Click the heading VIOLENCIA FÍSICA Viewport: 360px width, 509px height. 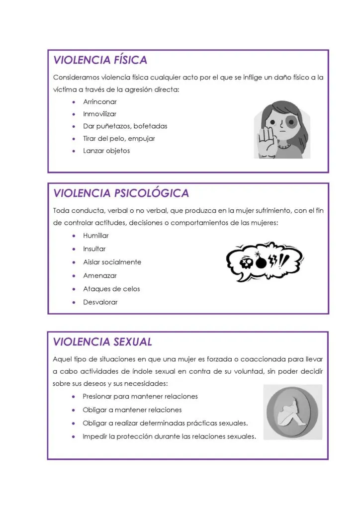tap(100, 60)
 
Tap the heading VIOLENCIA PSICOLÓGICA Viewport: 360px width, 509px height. tap(121, 193)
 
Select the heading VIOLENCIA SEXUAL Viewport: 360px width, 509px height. tap(102, 342)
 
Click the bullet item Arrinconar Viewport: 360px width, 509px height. tap(100, 102)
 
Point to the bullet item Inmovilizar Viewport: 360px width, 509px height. tap(100, 114)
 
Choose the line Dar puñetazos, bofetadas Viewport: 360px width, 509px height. tap(125, 126)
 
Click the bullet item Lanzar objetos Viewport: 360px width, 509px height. tap(106, 151)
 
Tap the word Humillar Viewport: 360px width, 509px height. tap(96, 236)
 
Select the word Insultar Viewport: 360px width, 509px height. tap(94, 249)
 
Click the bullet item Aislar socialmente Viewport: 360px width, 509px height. tap(112, 262)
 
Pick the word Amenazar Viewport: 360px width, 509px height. tap(99, 275)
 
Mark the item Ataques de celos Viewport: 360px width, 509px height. tap(111, 289)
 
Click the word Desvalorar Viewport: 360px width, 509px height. tap(100, 302)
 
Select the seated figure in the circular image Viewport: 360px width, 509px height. tap(293, 412)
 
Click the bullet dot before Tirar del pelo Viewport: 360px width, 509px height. tap(74, 139)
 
